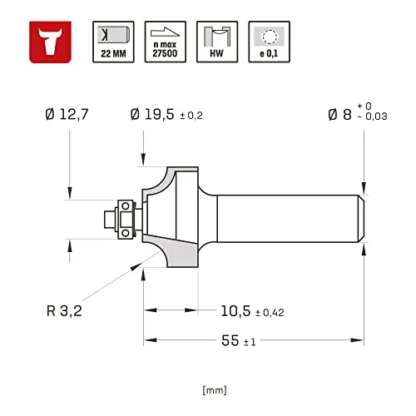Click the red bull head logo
50,42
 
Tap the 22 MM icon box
113,42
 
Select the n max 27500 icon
166,42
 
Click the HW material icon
217,42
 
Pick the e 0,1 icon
270,42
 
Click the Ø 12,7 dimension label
67,114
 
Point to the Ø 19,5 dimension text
152,114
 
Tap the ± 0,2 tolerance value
191,116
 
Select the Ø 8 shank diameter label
339,114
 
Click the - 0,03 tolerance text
373,116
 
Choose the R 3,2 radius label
64,310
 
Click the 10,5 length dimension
235,311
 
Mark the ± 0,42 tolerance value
270,313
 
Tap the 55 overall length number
230,340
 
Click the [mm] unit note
215,390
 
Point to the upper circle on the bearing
126,206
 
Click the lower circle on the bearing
126,233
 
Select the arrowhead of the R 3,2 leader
136,266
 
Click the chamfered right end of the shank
360,219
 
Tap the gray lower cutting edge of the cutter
177,252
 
